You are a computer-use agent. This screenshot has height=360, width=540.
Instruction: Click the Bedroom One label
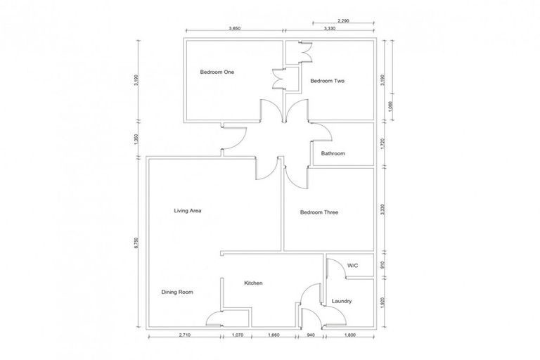click(x=217, y=72)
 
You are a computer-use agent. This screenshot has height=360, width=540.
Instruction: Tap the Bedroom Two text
click(x=327, y=81)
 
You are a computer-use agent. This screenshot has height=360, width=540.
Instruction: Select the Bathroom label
click(x=333, y=153)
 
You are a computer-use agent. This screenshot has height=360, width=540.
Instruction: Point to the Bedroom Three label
click(x=319, y=212)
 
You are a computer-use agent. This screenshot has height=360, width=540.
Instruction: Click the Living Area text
click(x=188, y=210)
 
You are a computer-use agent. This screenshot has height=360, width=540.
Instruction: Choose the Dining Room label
click(x=176, y=292)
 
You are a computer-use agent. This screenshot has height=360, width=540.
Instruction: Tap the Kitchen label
click(x=253, y=283)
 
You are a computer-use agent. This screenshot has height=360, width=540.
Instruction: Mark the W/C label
click(x=353, y=265)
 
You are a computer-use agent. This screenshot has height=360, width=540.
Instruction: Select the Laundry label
click(x=341, y=302)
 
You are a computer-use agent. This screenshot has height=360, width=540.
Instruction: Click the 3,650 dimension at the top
click(x=235, y=29)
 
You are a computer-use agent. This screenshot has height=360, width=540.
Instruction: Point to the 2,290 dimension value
click(x=343, y=21)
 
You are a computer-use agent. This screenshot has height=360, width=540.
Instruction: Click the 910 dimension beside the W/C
click(x=382, y=265)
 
